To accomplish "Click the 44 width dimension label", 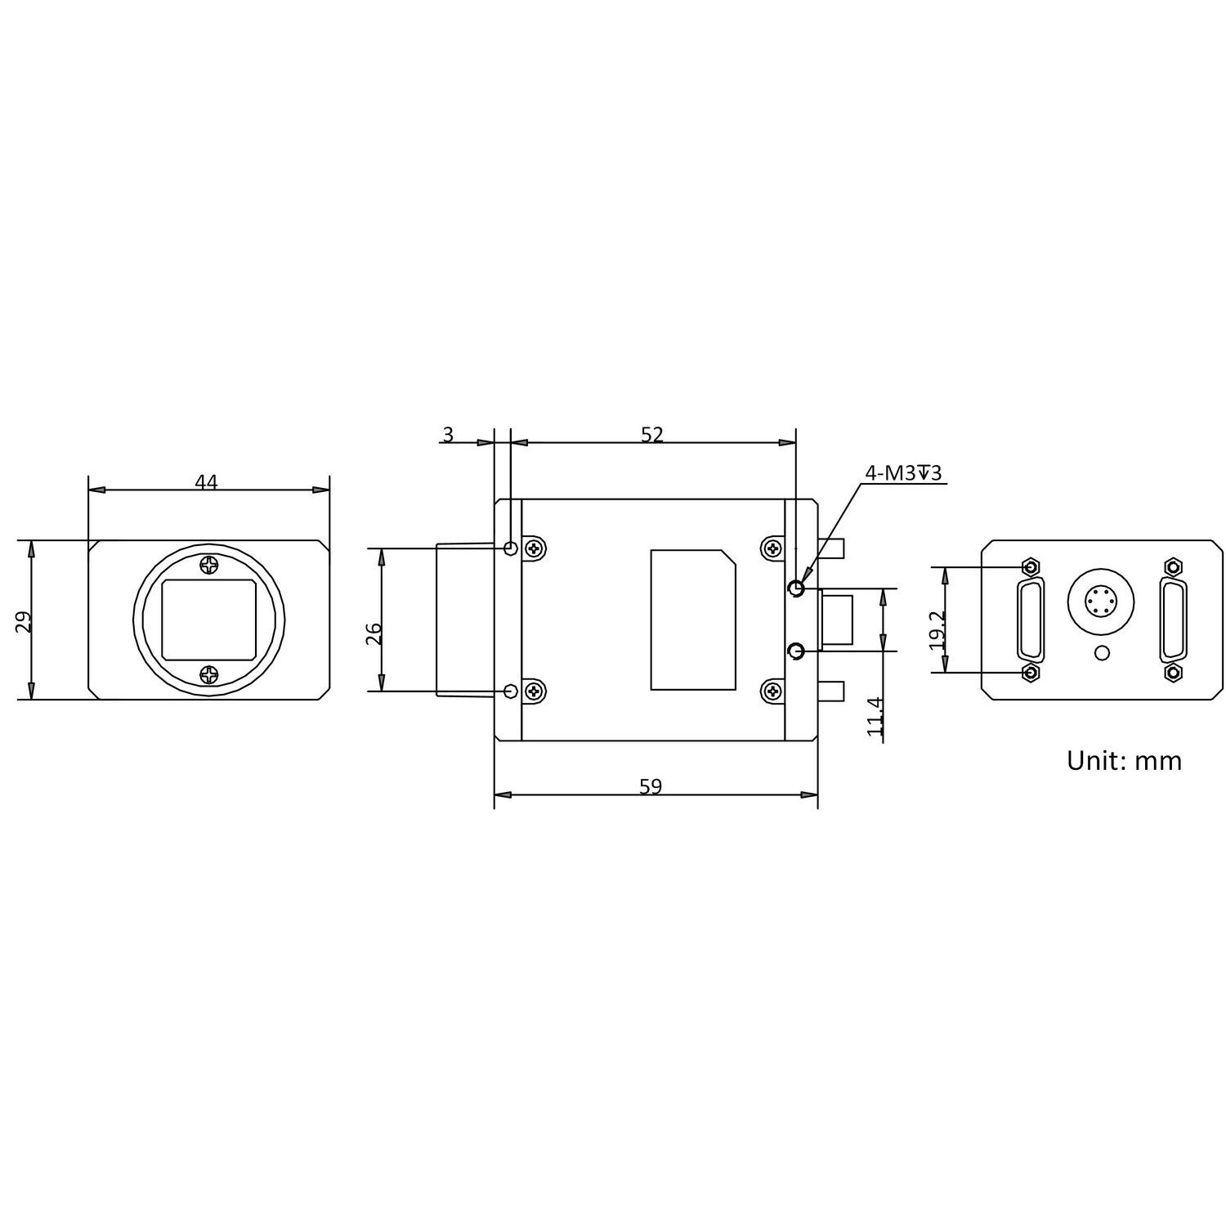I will [206, 482].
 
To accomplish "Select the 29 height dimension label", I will [25, 622].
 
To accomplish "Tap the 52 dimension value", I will [651, 435].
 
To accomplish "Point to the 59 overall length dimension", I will [651, 786].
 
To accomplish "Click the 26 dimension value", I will [374, 633].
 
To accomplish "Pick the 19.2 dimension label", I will [937, 630].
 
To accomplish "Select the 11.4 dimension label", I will [875, 718].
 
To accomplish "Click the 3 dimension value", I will [447, 435].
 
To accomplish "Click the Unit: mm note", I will [1124, 761].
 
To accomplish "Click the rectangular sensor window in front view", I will [210, 619].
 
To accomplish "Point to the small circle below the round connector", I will [1102, 652].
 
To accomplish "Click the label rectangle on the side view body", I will [692, 620].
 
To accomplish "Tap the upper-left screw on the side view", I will [535, 548].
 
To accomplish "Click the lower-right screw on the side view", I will [771, 691].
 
